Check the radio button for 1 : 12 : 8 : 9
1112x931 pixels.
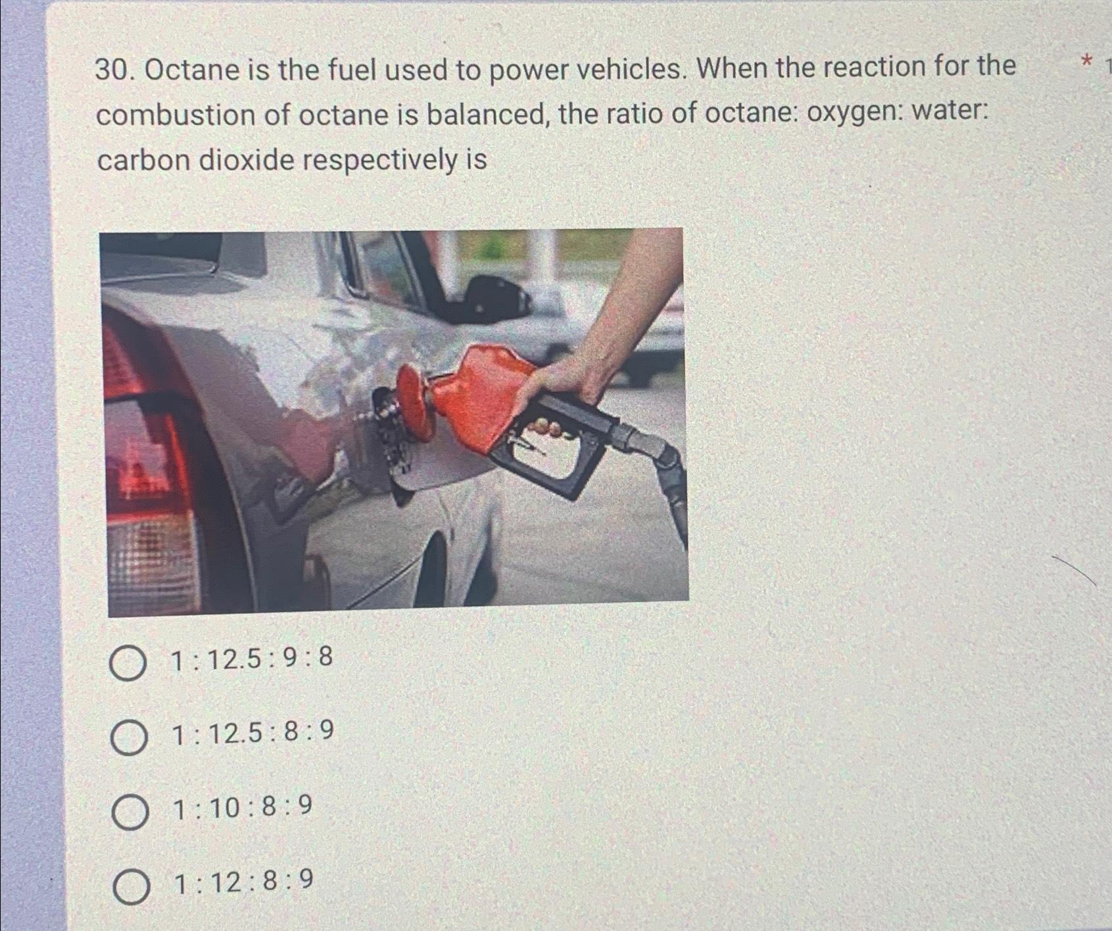click(x=131, y=886)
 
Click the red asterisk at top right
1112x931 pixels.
click(x=1086, y=63)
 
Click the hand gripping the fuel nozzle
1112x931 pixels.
click(x=566, y=388)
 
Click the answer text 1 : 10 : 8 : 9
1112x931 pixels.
click(x=242, y=807)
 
